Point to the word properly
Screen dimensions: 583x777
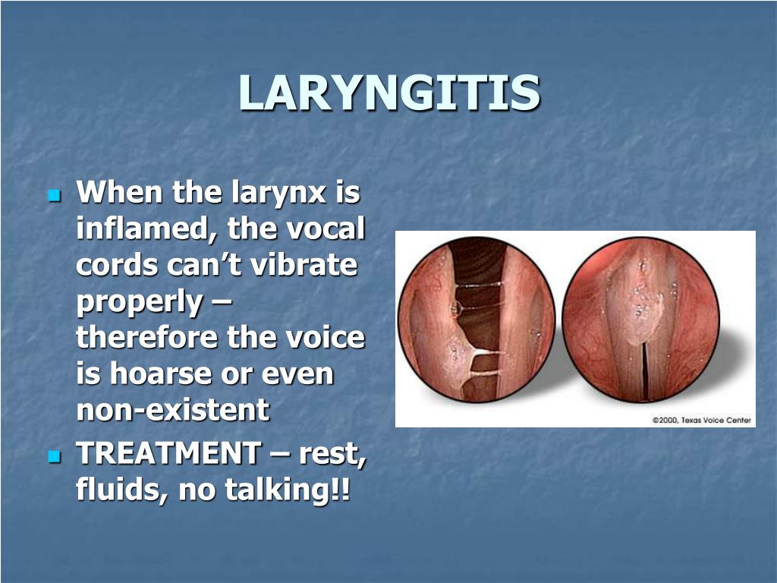(140, 302)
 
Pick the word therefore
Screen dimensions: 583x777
(147, 337)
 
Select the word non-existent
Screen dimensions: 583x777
(173, 410)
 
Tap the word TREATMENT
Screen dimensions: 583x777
(168, 454)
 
